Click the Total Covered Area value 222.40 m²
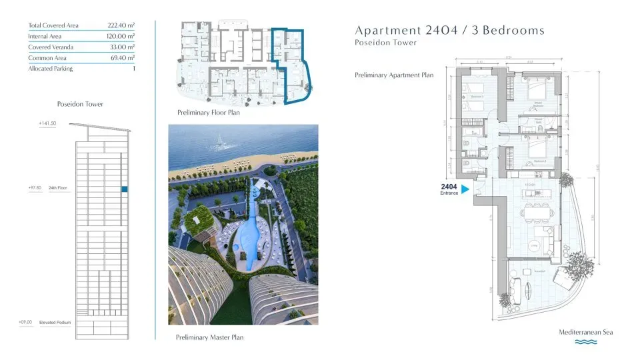[121, 25]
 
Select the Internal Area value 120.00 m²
[121, 36]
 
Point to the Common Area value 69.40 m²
[122, 58]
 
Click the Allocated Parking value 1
[134, 69]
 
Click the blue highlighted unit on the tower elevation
[125, 189]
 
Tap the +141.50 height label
[47, 124]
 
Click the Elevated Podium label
[55, 322]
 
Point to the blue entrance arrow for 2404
[466, 189]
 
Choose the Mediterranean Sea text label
[585, 332]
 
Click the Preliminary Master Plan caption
[209, 337]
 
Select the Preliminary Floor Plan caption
[208, 113]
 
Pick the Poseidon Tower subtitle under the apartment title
[386, 43]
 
